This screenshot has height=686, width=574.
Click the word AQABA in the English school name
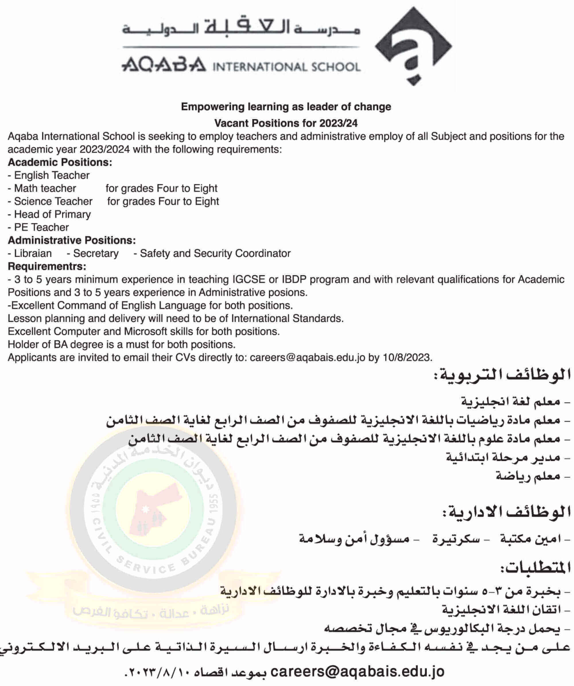click(164, 65)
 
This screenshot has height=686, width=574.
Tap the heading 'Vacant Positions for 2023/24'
click(286, 123)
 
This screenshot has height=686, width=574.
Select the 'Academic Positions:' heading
click(60, 162)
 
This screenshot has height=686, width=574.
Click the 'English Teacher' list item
click(52, 175)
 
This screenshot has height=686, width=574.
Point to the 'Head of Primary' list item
click(52, 214)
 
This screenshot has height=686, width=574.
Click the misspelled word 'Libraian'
click(33, 254)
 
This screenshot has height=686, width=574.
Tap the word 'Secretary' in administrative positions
click(96, 254)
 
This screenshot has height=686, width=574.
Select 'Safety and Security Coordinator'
click(215, 254)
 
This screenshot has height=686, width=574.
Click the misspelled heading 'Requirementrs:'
click(47, 267)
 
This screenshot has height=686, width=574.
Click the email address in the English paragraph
click(307, 358)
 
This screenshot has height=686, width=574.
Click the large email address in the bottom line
click(358, 672)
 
